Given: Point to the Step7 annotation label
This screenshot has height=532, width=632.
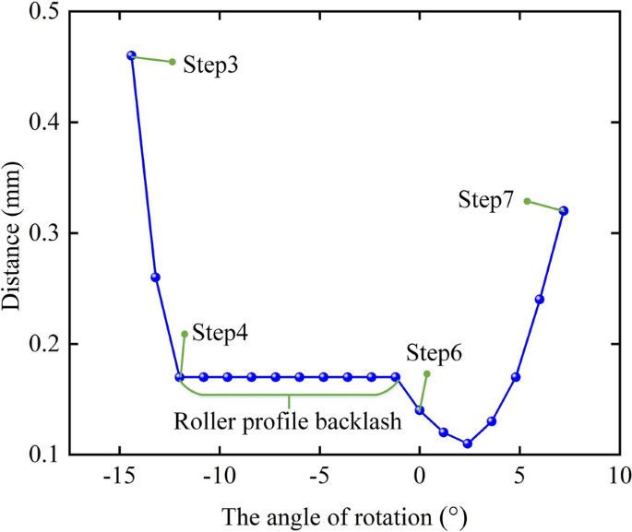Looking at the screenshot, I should click(x=485, y=200).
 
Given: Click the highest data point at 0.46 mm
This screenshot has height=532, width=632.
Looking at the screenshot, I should click(x=131, y=56).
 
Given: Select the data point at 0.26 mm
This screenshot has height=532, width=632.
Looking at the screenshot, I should click(x=155, y=278).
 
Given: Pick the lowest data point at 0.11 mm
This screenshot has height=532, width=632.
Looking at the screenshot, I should click(x=468, y=443).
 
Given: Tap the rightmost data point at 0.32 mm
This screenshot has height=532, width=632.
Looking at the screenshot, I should click(x=564, y=211).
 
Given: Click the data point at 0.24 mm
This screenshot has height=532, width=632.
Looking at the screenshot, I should click(x=540, y=300).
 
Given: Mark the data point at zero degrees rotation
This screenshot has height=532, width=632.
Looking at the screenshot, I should click(x=420, y=410).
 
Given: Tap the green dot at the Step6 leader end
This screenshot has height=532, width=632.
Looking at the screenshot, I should click(x=426, y=373).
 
